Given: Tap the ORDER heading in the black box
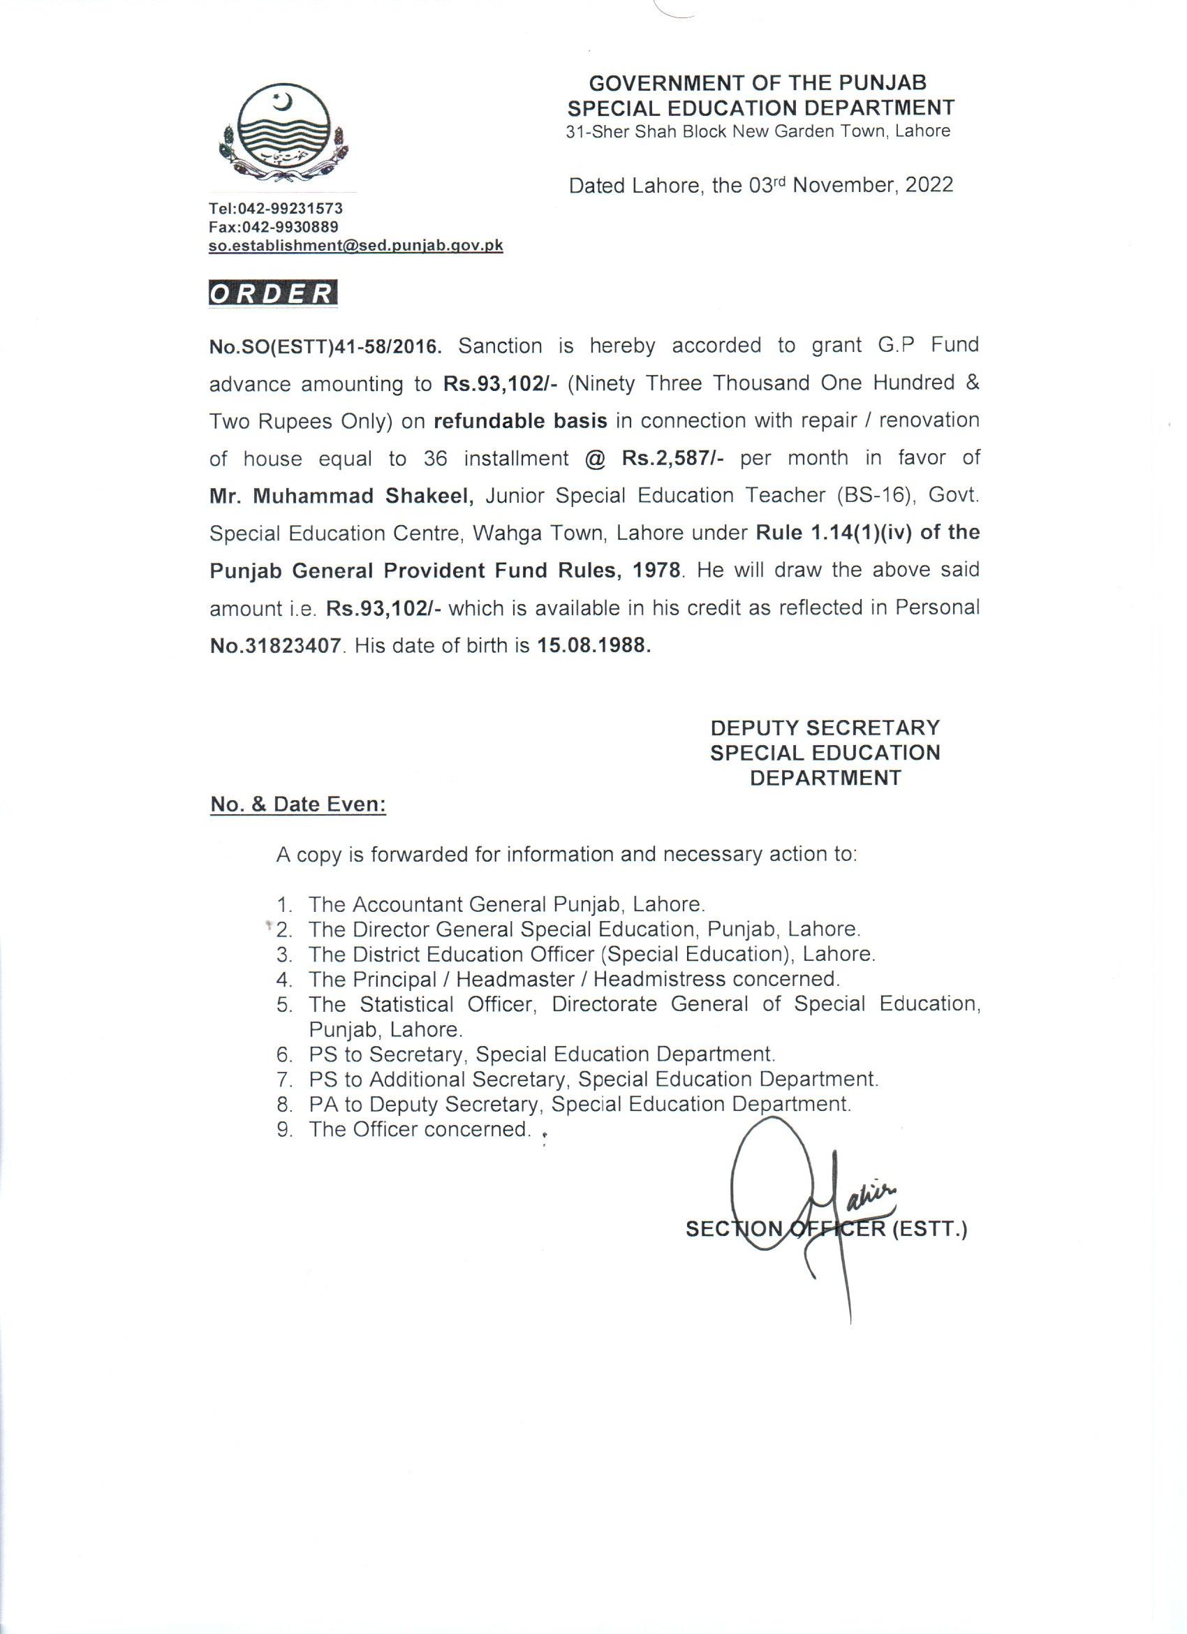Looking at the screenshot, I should click(273, 293).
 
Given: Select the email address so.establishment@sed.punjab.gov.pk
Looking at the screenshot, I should click(356, 246).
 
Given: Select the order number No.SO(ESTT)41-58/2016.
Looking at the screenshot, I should click(324, 347).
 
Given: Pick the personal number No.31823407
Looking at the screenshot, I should click(274, 646).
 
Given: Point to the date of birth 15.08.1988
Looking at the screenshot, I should click(593, 646).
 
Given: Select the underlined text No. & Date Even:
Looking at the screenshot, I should click(298, 804).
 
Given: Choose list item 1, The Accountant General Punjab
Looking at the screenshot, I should click(506, 904).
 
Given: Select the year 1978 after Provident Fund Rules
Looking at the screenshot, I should click(656, 571).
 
